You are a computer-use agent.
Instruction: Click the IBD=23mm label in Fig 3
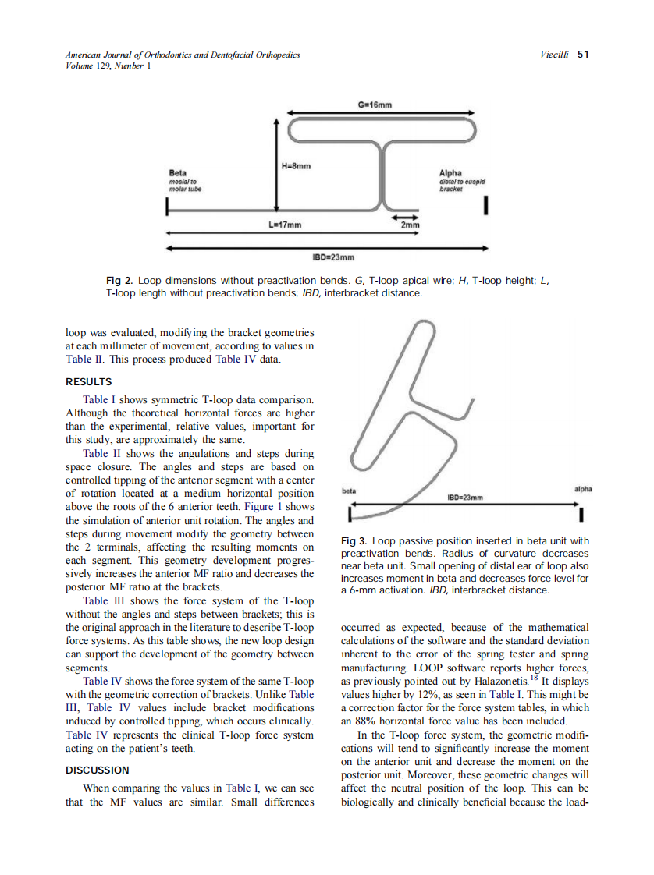pos(464,497)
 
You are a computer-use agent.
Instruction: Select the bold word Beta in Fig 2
pos(177,172)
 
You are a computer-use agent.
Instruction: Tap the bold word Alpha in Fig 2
pos(451,172)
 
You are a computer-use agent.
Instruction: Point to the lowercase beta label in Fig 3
pos(349,491)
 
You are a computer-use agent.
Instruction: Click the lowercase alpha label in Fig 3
pos(582,489)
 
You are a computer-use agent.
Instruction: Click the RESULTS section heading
pos(88,382)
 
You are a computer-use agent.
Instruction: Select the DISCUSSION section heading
pos(97,770)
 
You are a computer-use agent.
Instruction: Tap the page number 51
pos(583,55)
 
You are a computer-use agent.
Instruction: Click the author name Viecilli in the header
pos(553,55)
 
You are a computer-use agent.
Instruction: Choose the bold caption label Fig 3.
pos(354,540)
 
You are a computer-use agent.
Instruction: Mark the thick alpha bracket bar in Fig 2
pos(486,205)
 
